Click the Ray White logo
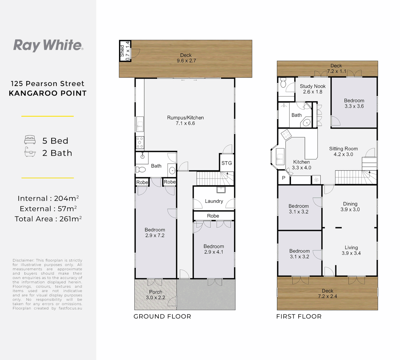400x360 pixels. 48,45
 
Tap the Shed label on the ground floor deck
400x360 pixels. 122,51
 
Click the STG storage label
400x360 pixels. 227,163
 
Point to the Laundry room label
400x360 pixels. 214,201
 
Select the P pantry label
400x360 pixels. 284,178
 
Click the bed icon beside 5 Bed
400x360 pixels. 30,140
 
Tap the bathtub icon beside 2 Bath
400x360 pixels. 30,153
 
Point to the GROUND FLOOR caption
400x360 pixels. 162,317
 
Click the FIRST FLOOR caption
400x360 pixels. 299,317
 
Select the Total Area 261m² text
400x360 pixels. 48,219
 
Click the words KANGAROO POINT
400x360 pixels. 48,93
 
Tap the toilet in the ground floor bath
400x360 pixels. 141,169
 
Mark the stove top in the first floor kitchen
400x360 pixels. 286,135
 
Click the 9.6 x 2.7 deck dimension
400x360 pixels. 186,61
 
